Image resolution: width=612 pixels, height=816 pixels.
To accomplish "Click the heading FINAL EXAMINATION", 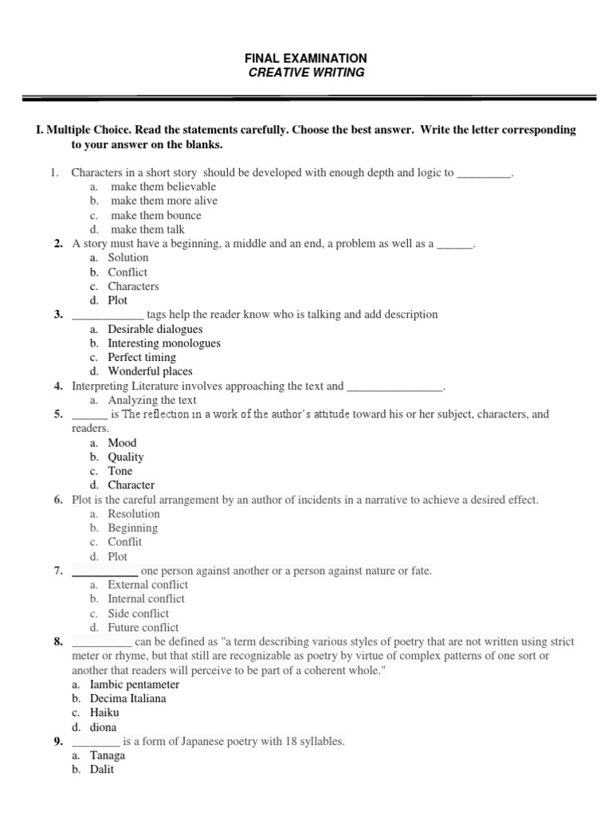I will click(x=306, y=58).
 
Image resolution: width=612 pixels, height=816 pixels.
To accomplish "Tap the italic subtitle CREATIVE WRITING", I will click(x=306, y=73).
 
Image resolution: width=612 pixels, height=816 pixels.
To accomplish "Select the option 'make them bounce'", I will click(x=155, y=215).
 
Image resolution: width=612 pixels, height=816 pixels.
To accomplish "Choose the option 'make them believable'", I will click(x=163, y=186).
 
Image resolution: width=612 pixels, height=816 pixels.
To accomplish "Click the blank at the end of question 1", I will click(x=484, y=172).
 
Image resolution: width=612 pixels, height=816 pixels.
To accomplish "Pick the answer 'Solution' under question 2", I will click(x=128, y=257).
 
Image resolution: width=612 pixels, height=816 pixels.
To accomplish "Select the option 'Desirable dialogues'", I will click(x=155, y=329).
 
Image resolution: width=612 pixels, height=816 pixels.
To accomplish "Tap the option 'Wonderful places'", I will click(x=150, y=371).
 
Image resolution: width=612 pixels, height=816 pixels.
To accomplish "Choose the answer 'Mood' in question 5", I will click(x=122, y=442).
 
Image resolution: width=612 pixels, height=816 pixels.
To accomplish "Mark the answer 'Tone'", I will click(x=120, y=471).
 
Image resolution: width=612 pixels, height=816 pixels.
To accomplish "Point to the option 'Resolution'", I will click(x=134, y=514).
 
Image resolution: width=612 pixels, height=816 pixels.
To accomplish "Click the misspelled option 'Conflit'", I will click(x=125, y=542).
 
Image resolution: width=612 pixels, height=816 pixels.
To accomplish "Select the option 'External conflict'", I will click(x=147, y=585).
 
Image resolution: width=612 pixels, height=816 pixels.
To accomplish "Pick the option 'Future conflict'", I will click(x=143, y=627).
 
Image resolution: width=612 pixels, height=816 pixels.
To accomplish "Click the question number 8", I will click(x=58, y=641).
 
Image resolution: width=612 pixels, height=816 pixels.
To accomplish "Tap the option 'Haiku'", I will click(x=104, y=713).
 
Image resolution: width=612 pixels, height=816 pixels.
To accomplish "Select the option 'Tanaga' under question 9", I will click(x=108, y=755).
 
